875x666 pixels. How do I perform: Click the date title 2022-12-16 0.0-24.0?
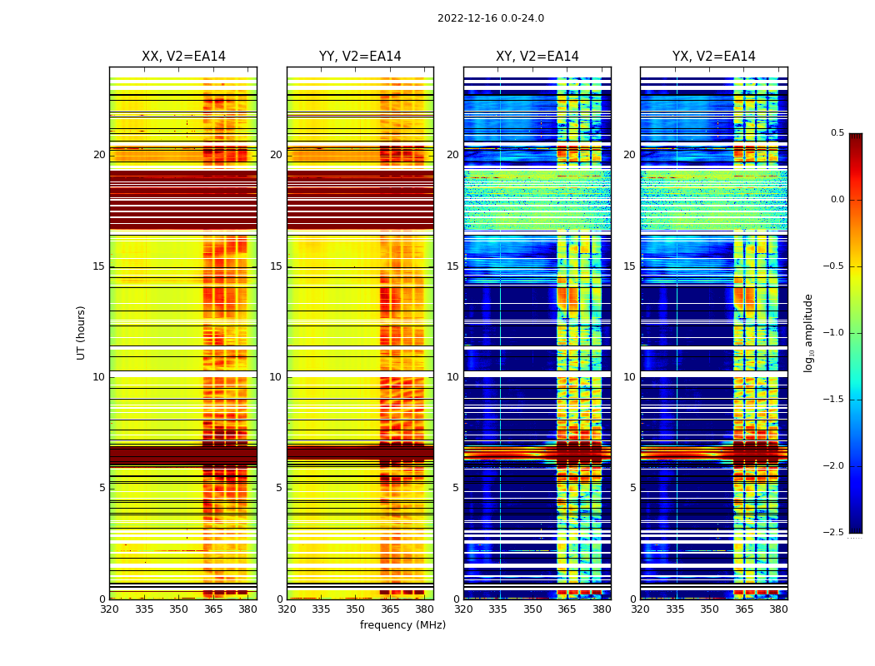click(491, 18)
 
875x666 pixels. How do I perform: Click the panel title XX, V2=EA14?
click(183, 57)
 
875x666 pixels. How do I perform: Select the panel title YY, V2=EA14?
click(360, 57)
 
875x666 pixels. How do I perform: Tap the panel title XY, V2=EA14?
click(537, 57)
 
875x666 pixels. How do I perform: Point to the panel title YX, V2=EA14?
click(713, 57)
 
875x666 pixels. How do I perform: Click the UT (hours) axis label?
click(82, 332)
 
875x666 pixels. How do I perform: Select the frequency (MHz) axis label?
click(402, 625)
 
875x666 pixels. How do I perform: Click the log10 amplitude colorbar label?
click(808, 332)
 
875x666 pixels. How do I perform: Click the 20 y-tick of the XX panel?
click(99, 155)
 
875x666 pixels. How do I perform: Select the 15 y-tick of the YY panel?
click(276, 266)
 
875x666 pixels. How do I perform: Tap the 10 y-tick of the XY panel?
click(452, 377)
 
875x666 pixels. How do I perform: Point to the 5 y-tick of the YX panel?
click(632, 488)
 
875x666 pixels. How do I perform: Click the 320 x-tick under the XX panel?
click(109, 609)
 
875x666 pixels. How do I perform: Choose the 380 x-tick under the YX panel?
click(778, 609)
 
